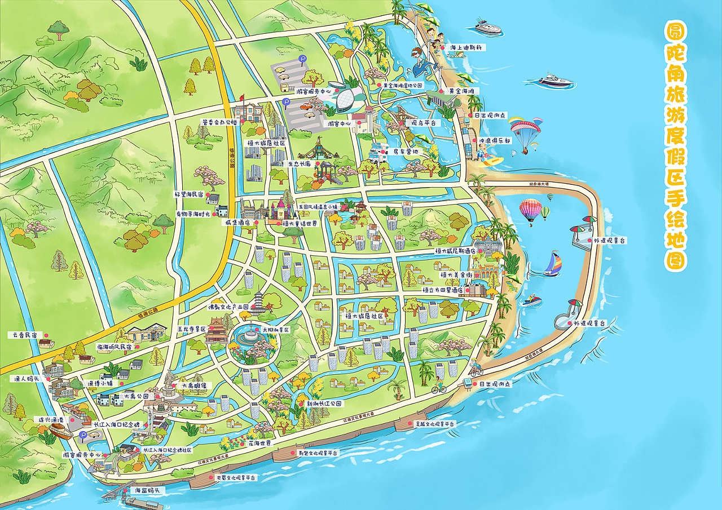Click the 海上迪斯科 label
coord(465,47)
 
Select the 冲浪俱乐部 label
coord(495,141)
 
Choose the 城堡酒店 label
coord(236,223)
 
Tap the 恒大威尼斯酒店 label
coord(455,250)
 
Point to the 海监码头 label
coord(146,490)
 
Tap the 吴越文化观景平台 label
coord(435,424)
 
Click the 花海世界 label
coord(260,444)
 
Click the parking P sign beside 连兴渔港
coord(83,435)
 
